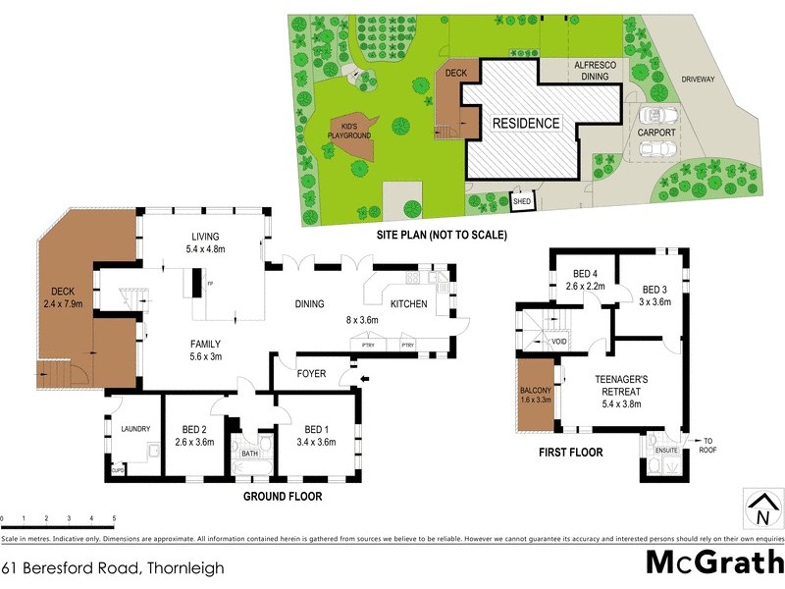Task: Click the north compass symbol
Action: click(x=761, y=511)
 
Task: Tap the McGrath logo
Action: click(x=714, y=563)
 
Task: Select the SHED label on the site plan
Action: click(x=521, y=202)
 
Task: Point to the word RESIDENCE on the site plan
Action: click(x=526, y=124)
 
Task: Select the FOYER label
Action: click(x=313, y=373)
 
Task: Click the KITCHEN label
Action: click(x=409, y=304)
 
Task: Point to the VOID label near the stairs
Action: click(x=558, y=342)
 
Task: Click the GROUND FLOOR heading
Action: click(x=283, y=497)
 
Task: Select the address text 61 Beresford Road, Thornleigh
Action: click(x=113, y=567)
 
